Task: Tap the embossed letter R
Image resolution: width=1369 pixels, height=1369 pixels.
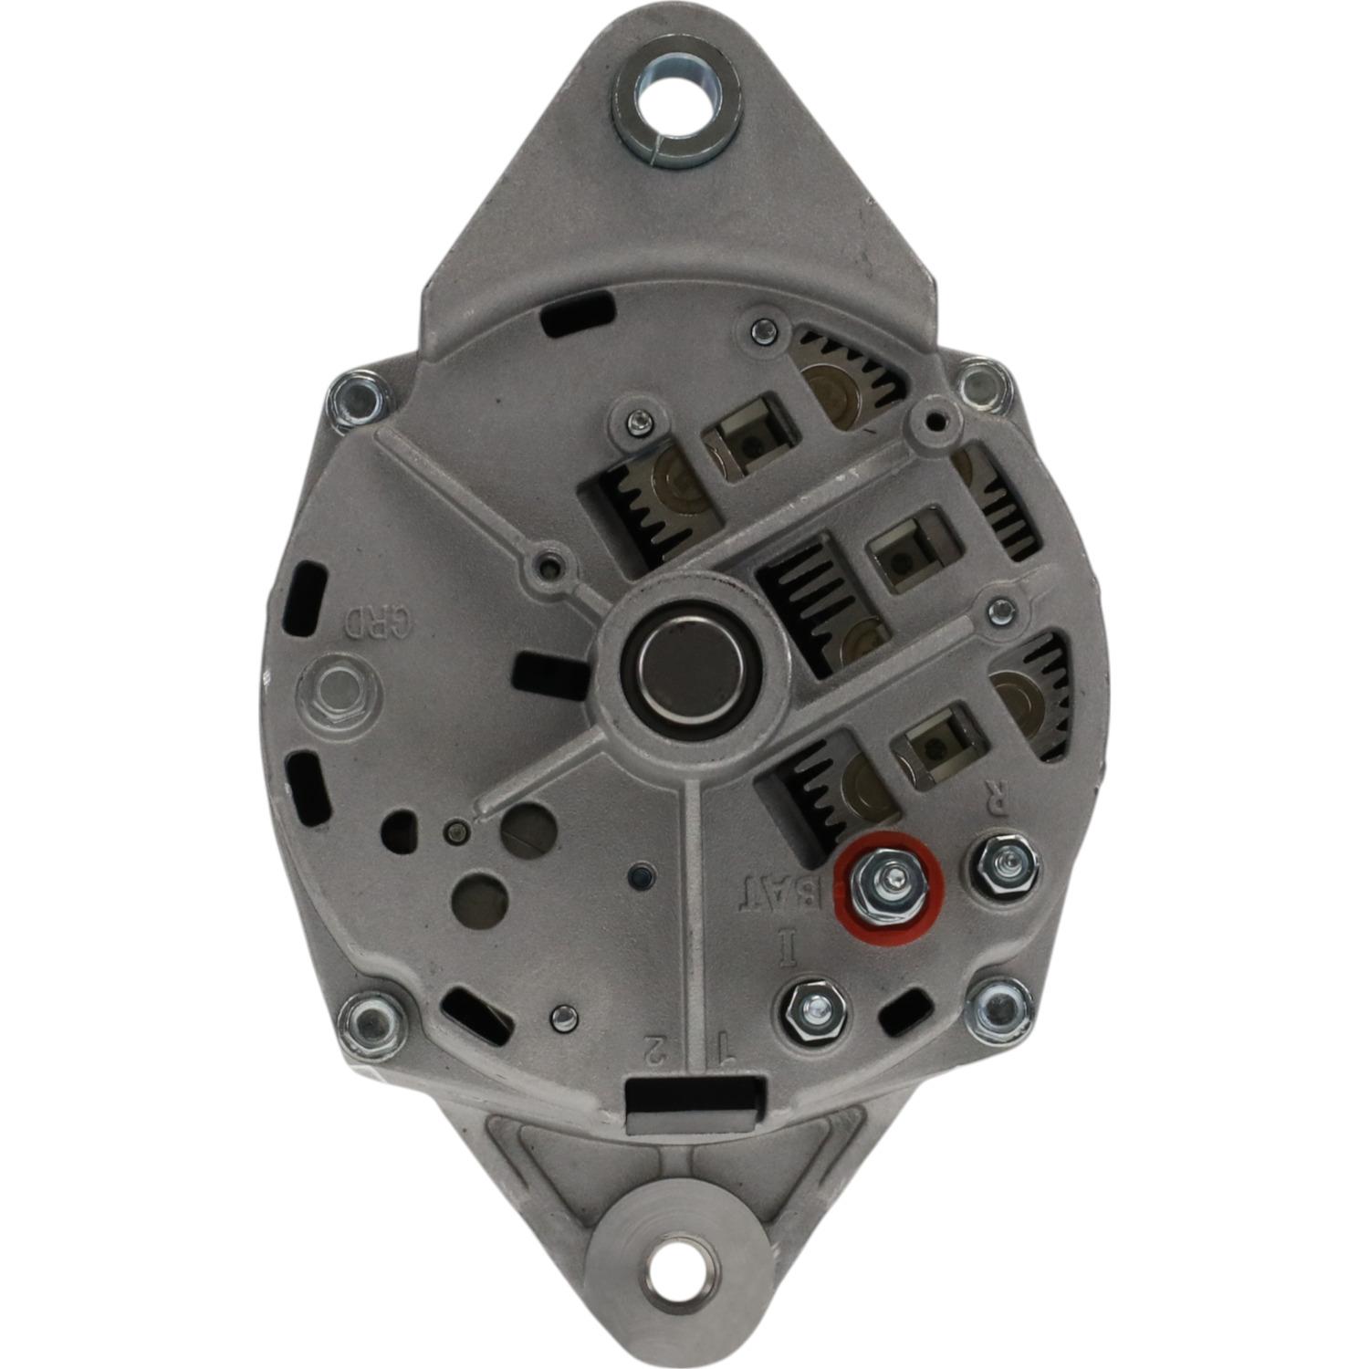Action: [998, 800]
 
